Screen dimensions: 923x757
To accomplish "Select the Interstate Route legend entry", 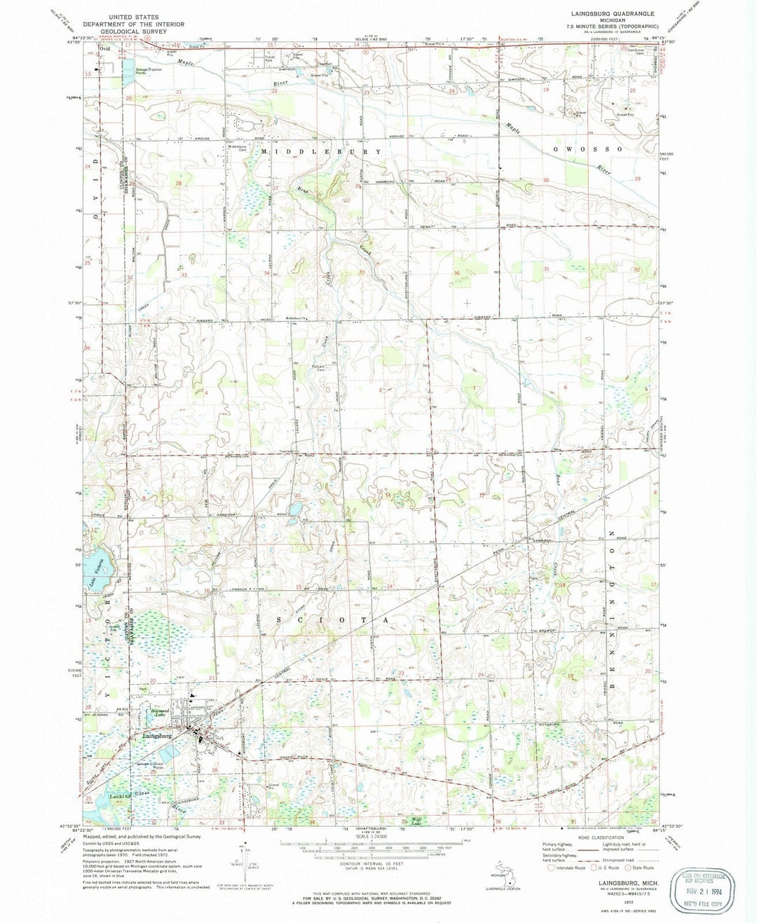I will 568,867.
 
